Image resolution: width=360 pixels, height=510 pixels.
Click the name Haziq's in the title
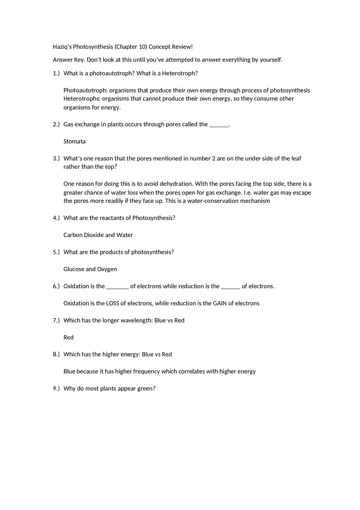point(62,47)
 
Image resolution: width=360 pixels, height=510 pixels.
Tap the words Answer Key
point(69,60)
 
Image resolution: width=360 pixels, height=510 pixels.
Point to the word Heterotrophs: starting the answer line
point(82,99)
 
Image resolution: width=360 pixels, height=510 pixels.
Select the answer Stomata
point(74,142)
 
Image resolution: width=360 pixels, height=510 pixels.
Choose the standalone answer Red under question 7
point(69,337)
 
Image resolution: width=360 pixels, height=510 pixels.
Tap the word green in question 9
point(145,389)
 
